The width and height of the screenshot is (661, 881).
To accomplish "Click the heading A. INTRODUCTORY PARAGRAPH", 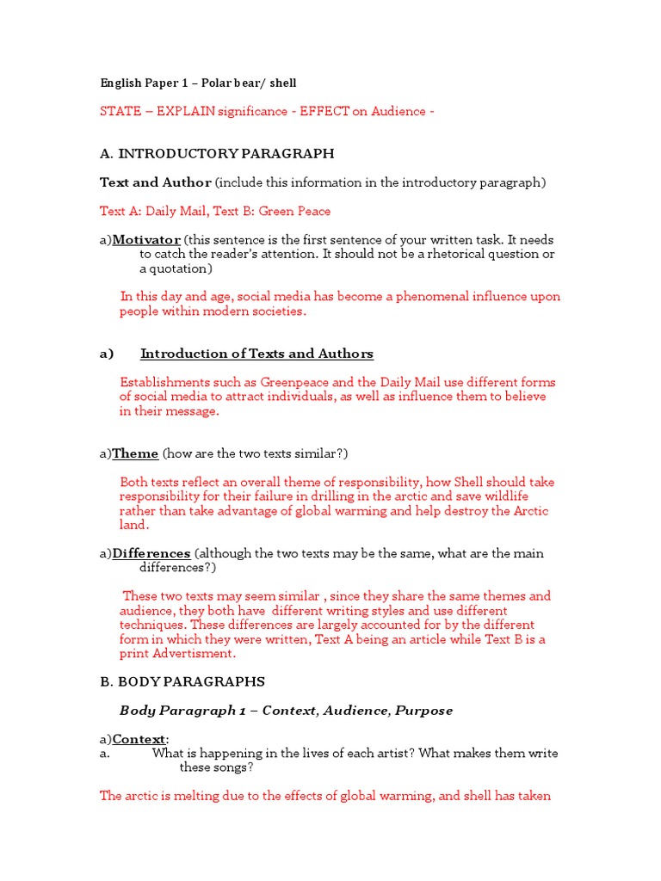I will point(217,154).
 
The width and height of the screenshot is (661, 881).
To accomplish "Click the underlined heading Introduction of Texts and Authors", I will point(256,354).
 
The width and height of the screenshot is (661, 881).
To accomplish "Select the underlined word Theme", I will point(135,453).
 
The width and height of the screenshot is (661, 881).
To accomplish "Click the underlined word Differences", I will point(151,553).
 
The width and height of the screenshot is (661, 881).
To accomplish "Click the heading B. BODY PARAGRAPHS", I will point(182,681).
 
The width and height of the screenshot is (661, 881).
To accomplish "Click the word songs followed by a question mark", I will point(232,767).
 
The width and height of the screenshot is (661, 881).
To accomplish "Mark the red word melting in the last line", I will point(193,796).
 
